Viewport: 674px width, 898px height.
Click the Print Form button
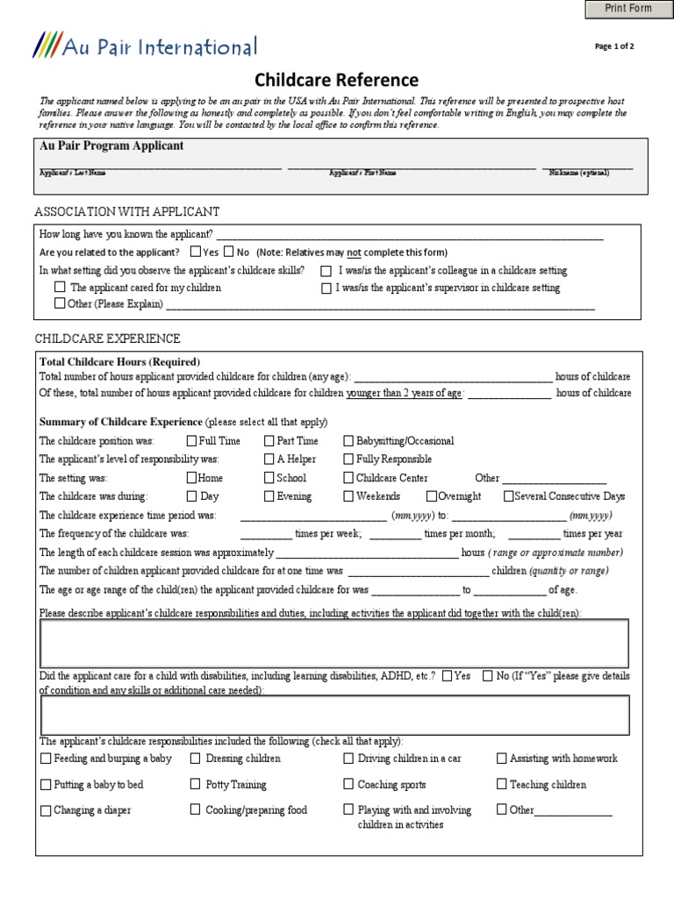(x=628, y=9)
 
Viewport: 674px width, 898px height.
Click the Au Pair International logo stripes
(x=46, y=46)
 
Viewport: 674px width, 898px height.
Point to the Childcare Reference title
(x=337, y=81)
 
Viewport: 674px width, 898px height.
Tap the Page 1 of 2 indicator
(x=614, y=47)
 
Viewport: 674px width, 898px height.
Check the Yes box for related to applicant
(x=196, y=252)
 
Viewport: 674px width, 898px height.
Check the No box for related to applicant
(x=230, y=252)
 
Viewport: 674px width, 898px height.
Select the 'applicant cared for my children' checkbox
(x=60, y=287)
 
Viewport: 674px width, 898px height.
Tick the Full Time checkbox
(x=191, y=441)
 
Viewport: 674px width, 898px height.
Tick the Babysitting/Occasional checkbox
(x=348, y=441)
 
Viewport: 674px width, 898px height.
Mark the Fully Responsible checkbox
(x=348, y=459)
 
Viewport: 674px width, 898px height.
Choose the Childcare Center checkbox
(x=348, y=478)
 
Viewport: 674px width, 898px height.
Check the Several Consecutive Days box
(x=508, y=496)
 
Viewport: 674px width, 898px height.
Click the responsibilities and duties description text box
(x=334, y=643)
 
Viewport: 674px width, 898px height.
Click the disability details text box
(x=334, y=715)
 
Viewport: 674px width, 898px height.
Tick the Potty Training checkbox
(x=196, y=784)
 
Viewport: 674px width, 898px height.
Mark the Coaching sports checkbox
(x=348, y=784)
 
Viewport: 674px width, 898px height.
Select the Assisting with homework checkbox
(x=501, y=759)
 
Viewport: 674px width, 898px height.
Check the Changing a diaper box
(x=45, y=810)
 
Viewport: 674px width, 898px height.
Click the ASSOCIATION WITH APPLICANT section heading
(x=126, y=211)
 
